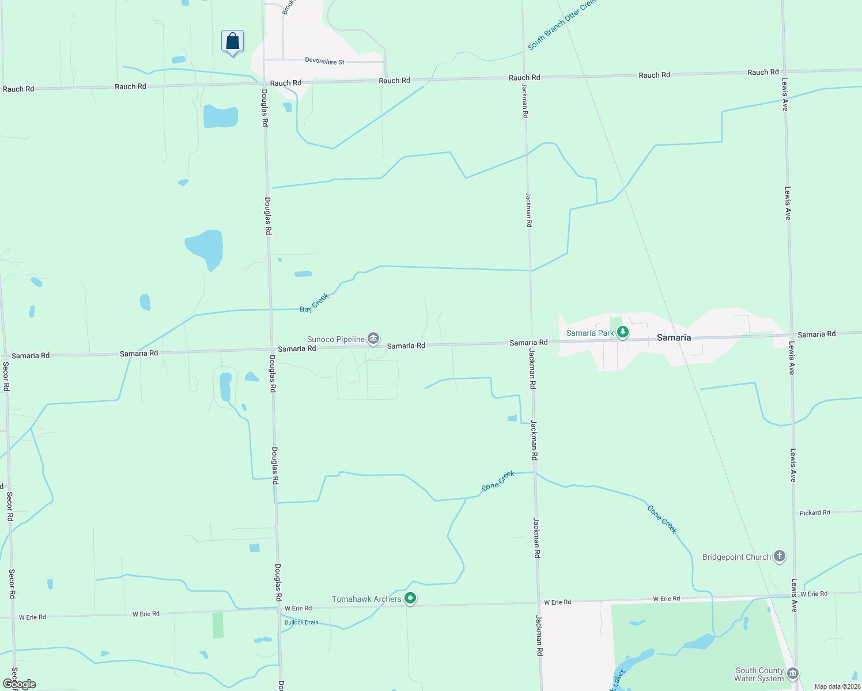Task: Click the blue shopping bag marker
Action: [232, 41]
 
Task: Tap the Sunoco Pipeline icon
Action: [373, 339]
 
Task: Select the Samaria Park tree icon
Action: [622, 332]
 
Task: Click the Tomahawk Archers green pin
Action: [410, 599]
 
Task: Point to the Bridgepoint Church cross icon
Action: [780, 556]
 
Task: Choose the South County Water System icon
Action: [793, 674]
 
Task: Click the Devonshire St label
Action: [324, 61]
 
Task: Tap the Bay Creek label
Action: [314, 303]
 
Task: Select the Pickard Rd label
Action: [815, 512]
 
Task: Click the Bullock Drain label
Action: [301, 622]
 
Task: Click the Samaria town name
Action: [674, 337]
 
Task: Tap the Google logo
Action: [20, 684]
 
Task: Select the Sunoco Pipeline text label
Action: [336, 339]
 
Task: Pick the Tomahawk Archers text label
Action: [366, 599]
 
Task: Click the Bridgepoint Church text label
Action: [736, 557]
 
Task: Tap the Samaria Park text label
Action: [590, 333]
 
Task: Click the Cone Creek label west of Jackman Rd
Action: [498, 481]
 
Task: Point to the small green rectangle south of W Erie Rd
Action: [218, 625]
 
